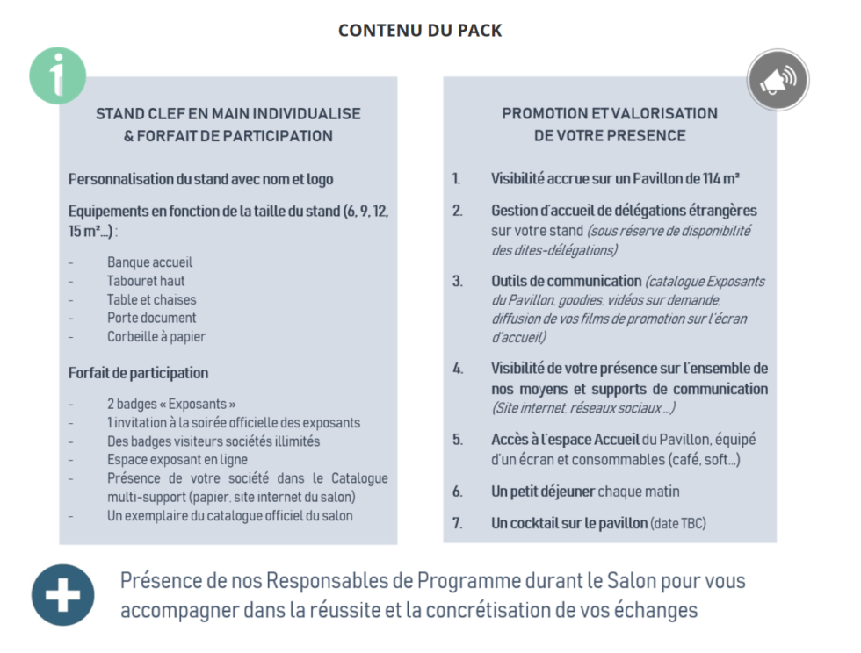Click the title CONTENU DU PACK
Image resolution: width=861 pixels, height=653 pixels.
[x=420, y=31]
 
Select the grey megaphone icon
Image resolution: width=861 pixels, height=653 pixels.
[x=778, y=80]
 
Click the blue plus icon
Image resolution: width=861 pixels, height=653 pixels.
[x=62, y=595]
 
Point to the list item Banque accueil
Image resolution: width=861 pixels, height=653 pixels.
[x=149, y=262]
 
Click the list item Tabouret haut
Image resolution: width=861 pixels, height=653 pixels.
[x=146, y=281]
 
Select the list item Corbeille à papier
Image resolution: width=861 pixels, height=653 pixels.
[x=156, y=336]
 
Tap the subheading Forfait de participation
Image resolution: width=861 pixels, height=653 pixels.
[x=138, y=373]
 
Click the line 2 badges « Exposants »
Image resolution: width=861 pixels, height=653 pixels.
[x=171, y=405]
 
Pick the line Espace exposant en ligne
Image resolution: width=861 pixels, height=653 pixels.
[x=177, y=460]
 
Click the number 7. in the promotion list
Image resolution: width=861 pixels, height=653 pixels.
[x=457, y=524]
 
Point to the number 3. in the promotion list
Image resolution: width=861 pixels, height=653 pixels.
[x=457, y=282]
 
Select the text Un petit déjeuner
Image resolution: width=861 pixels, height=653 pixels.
[x=543, y=492]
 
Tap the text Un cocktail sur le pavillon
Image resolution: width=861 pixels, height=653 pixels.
[x=568, y=524]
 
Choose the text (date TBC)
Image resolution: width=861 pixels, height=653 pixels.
[x=678, y=524]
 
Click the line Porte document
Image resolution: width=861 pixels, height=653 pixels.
[x=151, y=318]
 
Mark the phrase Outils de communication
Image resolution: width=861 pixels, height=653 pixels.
[x=566, y=281]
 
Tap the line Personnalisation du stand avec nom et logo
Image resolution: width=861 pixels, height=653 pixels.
[x=201, y=179]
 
